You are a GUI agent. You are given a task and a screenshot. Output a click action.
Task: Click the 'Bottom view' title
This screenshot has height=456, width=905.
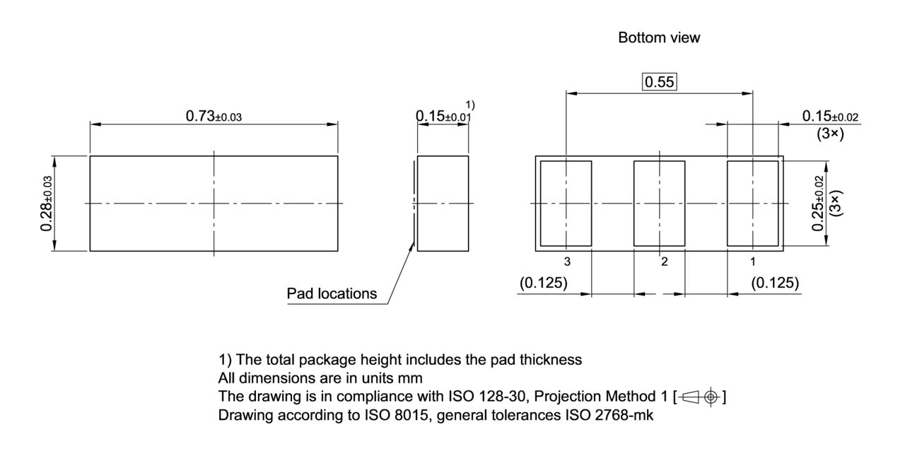pyautogui.click(x=659, y=38)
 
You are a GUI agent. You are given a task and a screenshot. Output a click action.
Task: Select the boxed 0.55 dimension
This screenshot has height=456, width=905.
pyautogui.click(x=659, y=83)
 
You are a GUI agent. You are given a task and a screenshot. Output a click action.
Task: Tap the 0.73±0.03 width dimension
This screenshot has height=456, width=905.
pyautogui.click(x=214, y=116)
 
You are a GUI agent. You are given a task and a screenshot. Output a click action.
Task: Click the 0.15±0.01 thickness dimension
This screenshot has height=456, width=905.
pyautogui.click(x=443, y=116)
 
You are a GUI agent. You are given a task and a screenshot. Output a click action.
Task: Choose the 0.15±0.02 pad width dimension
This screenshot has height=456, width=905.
pyautogui.click(x=830, y=117)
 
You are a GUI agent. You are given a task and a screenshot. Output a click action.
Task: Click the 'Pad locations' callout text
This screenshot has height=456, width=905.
pyautogui.click(x=332, y=293)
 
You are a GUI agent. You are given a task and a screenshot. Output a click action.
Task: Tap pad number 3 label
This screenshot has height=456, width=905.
pyautogui.click(x=567, y=262)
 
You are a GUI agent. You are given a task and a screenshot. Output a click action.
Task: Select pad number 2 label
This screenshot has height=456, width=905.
pyautogui.click(x=664, y=262)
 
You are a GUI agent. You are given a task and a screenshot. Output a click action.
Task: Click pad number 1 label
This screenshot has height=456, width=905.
pyautogui.click(x=753, y=262)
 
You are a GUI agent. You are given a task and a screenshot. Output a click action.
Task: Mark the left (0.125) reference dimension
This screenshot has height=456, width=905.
pyautogui.click(x=544, y=283)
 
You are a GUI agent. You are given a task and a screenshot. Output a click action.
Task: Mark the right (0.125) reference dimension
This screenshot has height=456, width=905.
pyautogui.click(x=775, y=283)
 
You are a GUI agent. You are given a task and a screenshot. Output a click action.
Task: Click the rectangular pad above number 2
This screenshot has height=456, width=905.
pyautogui.click(x=659, y=204)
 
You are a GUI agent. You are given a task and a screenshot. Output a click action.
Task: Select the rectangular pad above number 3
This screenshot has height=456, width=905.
pyautogui.click(x=566, y=204)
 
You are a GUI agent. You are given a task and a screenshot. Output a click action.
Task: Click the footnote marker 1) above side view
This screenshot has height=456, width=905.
pyautogui.click(x=470, y=105)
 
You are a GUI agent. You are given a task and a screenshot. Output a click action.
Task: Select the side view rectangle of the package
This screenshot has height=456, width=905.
pyautogui.click(x=443, y=204)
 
